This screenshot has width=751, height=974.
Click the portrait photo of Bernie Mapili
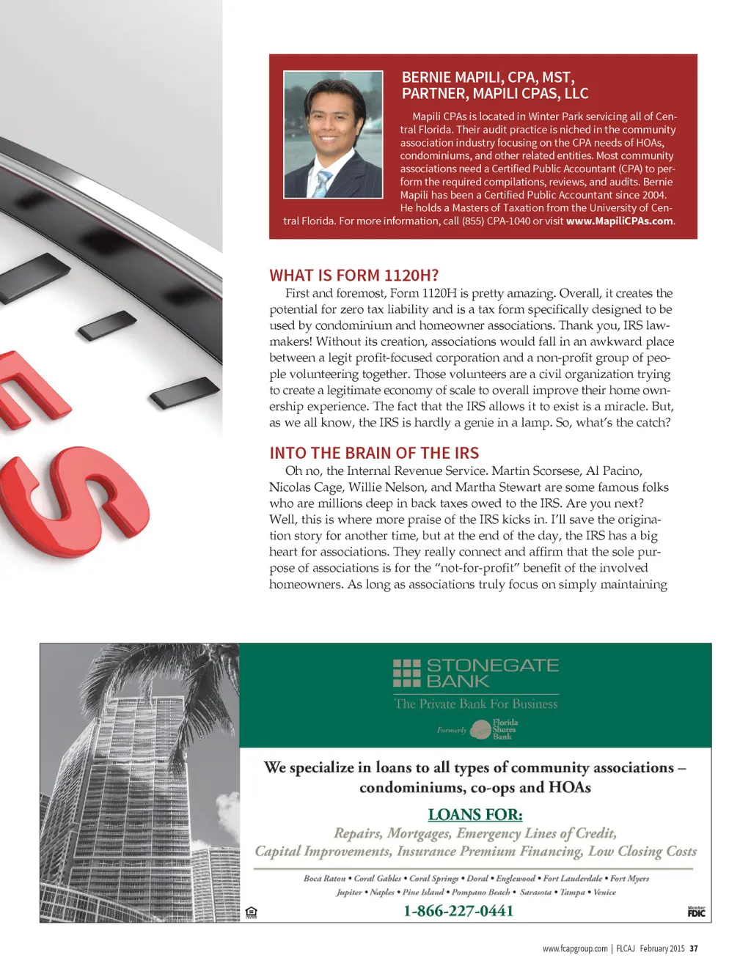(333, 134)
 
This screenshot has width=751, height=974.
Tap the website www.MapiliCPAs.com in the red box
(620, 221)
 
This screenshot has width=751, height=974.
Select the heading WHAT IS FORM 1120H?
(353, 276)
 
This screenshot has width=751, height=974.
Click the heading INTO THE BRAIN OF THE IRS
(374, 453)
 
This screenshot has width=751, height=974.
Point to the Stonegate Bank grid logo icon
(407, 673)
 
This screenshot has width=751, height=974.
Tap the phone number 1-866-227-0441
(458, 911)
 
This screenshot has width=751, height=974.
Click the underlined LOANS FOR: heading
(475, 814)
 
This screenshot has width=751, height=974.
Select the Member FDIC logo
(696, 912)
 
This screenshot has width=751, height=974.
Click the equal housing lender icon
(252, 912)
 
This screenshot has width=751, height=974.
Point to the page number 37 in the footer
(694, 948)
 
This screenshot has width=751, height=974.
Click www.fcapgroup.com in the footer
(575, 948)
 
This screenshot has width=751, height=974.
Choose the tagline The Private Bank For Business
(476, 704)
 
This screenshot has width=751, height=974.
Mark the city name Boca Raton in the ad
(324, 878)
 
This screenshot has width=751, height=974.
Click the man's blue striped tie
(321, 182)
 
